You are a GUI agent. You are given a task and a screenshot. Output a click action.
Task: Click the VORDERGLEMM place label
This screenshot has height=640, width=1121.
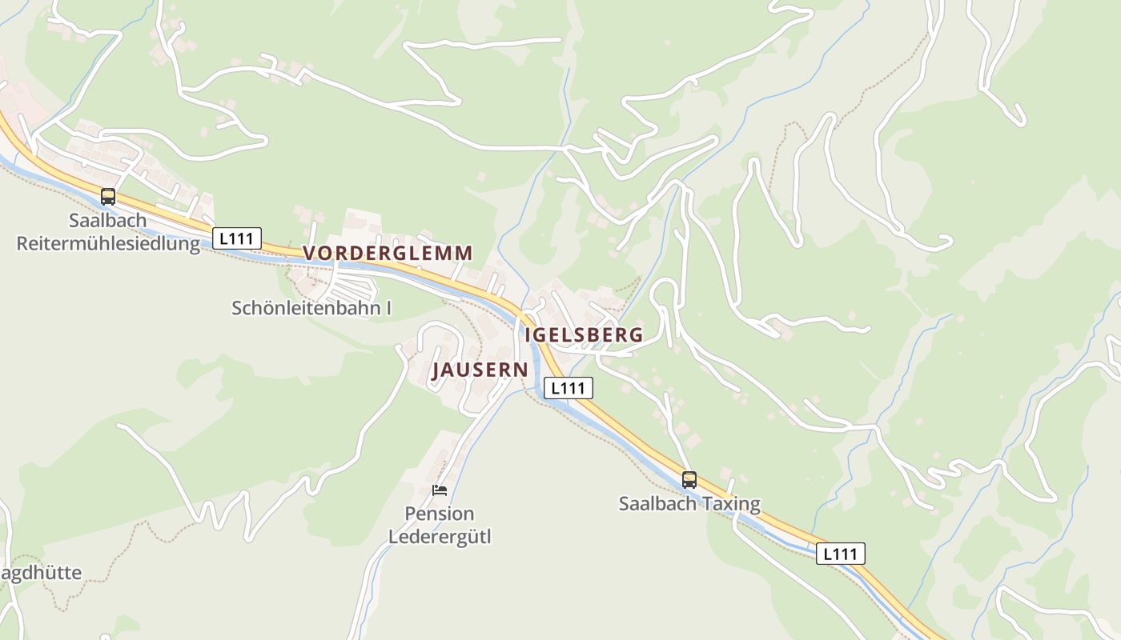[388, 253]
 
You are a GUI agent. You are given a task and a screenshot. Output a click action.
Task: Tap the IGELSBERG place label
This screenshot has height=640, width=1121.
[584, 334]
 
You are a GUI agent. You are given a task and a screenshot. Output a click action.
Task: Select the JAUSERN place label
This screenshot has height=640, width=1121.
[480, 370]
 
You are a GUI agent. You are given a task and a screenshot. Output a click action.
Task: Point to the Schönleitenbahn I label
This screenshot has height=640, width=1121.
[311, 308]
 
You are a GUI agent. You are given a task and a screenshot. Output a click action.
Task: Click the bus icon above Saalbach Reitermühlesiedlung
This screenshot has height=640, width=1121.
[108, 196]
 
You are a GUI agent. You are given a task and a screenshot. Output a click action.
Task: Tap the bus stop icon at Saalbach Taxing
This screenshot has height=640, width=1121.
[689, 480]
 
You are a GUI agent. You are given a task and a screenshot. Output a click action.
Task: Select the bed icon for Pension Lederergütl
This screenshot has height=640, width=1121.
[439, 490]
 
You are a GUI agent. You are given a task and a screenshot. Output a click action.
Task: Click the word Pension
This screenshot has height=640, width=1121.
[440, 514]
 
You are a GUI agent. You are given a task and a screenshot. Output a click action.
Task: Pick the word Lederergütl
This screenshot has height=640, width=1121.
[440, 535]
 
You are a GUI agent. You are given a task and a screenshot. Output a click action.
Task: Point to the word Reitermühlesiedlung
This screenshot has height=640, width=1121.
[108, 243]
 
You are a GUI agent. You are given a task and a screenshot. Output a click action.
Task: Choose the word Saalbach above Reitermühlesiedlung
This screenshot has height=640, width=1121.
[108, 221]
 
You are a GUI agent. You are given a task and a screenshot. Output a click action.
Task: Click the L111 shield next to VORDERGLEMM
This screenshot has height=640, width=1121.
[237, 238]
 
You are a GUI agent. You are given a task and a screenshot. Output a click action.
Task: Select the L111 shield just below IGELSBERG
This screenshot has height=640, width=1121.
[569, 388]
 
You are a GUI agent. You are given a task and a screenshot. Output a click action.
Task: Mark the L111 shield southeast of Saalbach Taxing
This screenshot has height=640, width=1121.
[841, 554]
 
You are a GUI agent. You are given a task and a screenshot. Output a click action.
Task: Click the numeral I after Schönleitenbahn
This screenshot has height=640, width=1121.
[388, 308]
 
